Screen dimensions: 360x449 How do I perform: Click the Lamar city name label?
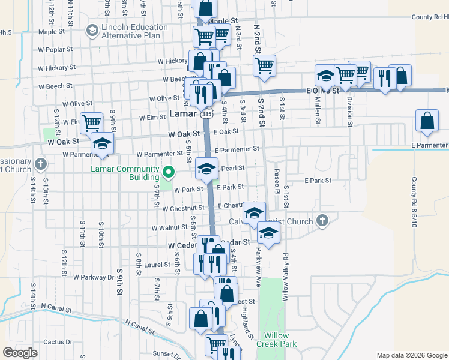tap(183, 113)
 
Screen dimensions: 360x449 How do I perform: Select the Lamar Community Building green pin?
tap(169, 173)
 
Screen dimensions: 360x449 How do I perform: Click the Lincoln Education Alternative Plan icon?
tap(92, 30)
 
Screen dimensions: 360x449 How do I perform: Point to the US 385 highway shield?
tap(207, 113)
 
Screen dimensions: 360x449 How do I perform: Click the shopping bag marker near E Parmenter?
tap(426, 121)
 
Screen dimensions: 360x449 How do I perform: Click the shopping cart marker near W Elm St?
tap(92, 124)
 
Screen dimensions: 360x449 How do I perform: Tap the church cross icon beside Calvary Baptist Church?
tap(322, 221)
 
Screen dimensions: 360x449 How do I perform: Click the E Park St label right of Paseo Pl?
tap(318, 180)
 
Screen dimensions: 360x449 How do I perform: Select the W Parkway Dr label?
tap(94, 277)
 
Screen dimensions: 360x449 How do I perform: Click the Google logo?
tap(20, 353)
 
